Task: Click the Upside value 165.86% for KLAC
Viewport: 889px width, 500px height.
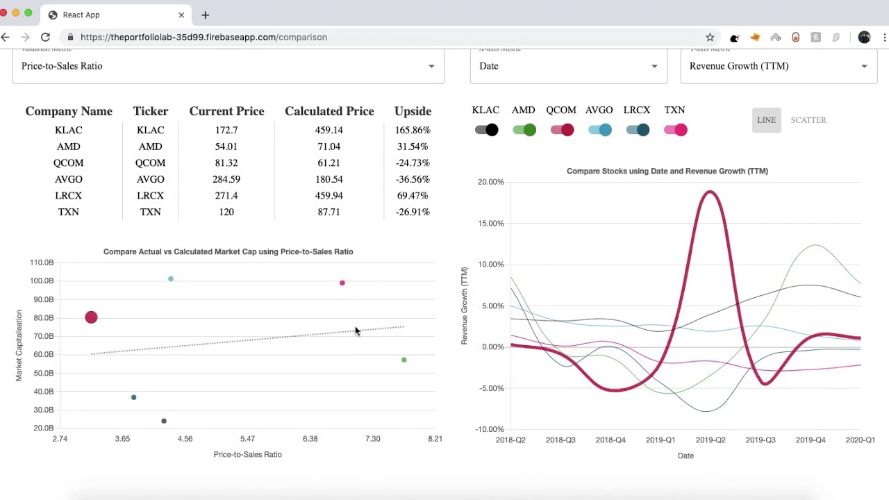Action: tap(413, 130)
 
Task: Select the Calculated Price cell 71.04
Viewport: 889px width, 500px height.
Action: tap(329, 147)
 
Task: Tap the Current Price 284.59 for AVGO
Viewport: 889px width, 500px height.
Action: tap(226, 179)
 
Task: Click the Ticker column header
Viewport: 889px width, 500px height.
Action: tap(150, 111)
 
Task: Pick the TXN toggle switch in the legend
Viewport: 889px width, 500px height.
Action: tap(675, 130)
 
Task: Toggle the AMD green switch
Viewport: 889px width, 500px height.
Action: tap(524, 130)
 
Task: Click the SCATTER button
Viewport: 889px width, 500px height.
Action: tap(808, 120)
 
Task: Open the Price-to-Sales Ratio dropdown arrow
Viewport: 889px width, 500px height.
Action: tap(431, 66)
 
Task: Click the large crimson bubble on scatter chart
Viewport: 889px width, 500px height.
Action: tap(91, 317)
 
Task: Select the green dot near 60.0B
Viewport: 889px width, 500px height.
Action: tap(404, 360)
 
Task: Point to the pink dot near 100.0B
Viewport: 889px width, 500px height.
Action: tap(342, 283)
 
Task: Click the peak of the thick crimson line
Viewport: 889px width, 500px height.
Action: tap(710, 192)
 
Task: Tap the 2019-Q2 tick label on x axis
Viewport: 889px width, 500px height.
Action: tap(710, 440)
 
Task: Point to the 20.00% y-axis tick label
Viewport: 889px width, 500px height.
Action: tap(490, 182)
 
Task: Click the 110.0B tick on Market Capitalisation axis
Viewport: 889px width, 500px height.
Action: tap(42, 262)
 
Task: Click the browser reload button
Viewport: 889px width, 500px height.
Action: tap(45, 37)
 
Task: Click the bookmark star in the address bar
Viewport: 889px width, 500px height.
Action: tap(709, 37)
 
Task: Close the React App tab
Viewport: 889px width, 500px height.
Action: tap(181, 15)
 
